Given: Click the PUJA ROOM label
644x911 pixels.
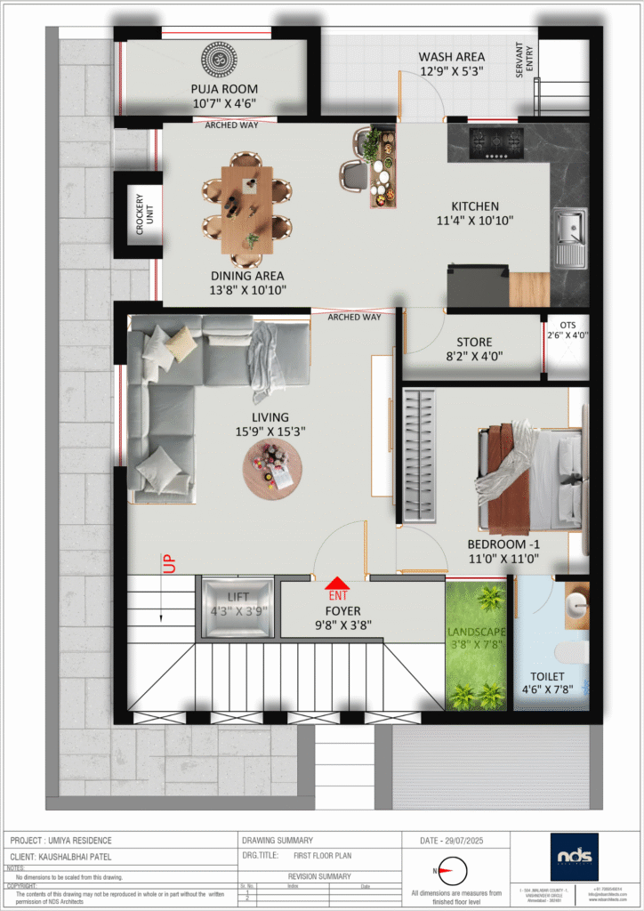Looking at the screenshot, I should tap(224, 89).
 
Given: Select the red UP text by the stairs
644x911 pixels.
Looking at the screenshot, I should tap(168, 564).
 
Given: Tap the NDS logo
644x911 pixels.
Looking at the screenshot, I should tap(574, 856).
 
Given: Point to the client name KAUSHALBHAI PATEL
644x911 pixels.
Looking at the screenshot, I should tap(82, 856).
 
